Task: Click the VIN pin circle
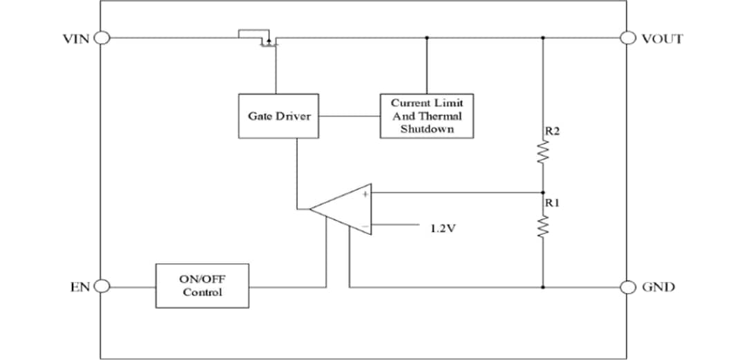(x=102, y=38)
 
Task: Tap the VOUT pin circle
(x=629, y=38)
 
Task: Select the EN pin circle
(x=102, y=286)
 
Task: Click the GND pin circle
(x=629, y=286)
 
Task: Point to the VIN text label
(x=76, y=39)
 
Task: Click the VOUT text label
(x=662, y=39)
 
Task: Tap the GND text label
(x=658, y=287)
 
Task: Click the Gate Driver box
(x=279, y=116)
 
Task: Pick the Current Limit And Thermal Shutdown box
(x=427, y=116)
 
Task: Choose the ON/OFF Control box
(x=202, y=285)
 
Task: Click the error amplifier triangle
(x=345, y=208)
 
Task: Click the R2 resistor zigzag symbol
(x=542, y=154)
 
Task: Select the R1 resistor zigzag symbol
(x=542, y=226)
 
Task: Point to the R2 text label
(x=552, y=131)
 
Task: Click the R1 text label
(x=552, y=203)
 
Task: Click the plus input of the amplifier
(x=365, y=195)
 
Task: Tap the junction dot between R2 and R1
(x=542, y=193)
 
